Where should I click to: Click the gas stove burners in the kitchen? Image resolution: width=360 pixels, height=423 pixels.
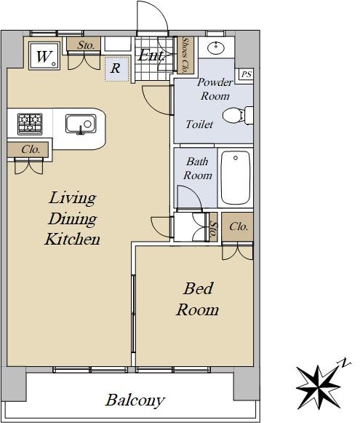pyautogui.click(x=30, y=124)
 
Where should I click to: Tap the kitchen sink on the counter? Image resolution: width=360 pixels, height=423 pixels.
pyautogui.click(x=81, y=124)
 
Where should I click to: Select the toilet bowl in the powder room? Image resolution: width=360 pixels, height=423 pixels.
pyautogui.click(x=238, y=116)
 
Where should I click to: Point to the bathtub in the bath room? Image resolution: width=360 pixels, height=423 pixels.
pyautogui.click(x=235, y=178)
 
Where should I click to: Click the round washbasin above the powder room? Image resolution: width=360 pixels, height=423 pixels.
pyautogui.click(x=216, y=48)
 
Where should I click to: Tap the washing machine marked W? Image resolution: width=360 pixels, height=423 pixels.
pyautogui.click(x=44, y=56)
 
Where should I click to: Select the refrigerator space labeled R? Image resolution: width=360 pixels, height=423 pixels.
pyautogui.click(x=116, y=68)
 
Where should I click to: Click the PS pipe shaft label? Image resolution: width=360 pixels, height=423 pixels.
pyautogui.click(x=247, y=74)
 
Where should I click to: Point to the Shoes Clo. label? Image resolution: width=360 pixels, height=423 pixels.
pyautogui.click(x=185, y=55)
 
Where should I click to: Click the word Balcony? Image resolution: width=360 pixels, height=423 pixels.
pyautogui.click(x=135, y=400)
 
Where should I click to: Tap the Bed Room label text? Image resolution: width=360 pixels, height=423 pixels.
pyautogui.click(x=198, y=299)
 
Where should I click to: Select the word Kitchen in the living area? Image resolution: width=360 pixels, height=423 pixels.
pyautogui.click(x=72, y=239)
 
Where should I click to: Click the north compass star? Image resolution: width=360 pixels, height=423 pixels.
pyautogui.click(x=319, y=387)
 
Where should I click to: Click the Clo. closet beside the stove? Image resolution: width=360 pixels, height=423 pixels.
pyautogui.click(x=28, y=149)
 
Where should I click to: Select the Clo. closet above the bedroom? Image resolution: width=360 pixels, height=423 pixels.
pyautogui.click(x=237, y=226)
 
